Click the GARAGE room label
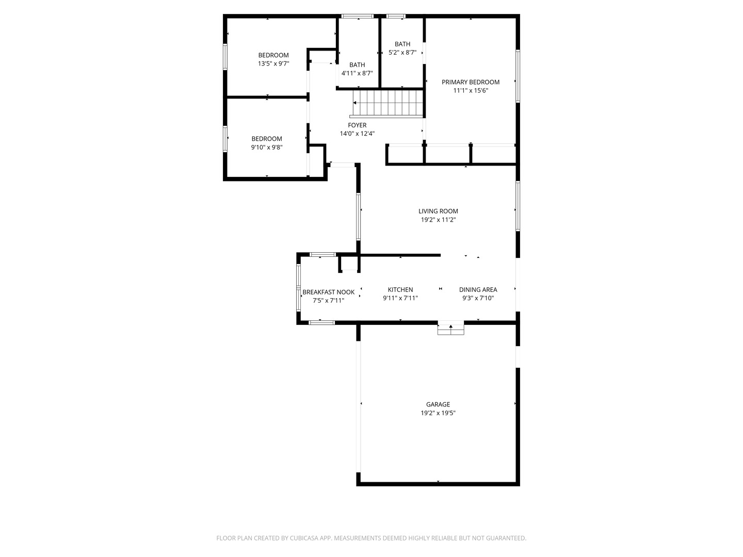[438, 404]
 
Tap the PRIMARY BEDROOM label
[471, 82]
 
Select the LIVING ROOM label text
[438, 211]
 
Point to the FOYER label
[357, 125]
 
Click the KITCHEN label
[400, 289]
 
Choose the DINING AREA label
[478, 289]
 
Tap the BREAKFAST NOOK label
[328, 292]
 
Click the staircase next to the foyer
[388, 103]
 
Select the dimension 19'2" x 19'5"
[438, 413]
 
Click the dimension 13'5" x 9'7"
[273, 63]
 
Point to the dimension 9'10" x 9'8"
[267, 148]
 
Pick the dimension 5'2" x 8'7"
[402, 53]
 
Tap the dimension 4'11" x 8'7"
[357, 73]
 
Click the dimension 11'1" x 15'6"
[471, 91]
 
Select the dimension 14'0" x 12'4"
[357, 134]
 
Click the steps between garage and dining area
[450, 327]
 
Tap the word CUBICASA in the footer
[304, 538]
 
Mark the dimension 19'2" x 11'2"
[438, 220]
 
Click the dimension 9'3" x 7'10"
[478, 298]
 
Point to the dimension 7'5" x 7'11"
[328, 301]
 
